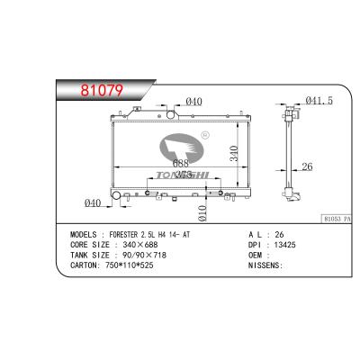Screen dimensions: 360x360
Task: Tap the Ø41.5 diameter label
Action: (x=319, y=102)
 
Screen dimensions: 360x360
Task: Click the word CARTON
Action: (x=85, y=265)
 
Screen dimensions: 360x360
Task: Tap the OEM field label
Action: (x=254, y=255)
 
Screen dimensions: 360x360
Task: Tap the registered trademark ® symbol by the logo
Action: (x=205, y=136)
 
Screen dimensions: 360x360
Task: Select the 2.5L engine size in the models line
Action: (x=168, y=232)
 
